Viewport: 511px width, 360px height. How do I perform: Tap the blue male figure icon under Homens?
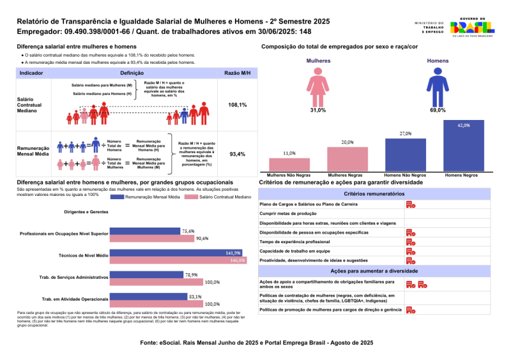[438, 87]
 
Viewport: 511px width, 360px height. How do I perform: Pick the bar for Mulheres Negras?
[347, 158]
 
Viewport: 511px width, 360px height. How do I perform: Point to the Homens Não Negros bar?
[405, 154]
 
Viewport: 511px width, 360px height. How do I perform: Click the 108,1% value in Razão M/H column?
[238, 105]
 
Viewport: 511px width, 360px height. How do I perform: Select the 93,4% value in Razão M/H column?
[238, 154]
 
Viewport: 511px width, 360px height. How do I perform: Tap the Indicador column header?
[31, 73]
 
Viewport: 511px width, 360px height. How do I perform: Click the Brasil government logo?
[472, 27]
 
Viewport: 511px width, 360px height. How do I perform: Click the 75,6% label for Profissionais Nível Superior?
[188, 231]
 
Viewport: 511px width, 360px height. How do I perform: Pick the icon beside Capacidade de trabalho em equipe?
[411, 251]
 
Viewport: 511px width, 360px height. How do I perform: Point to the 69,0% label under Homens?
[438, 110]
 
